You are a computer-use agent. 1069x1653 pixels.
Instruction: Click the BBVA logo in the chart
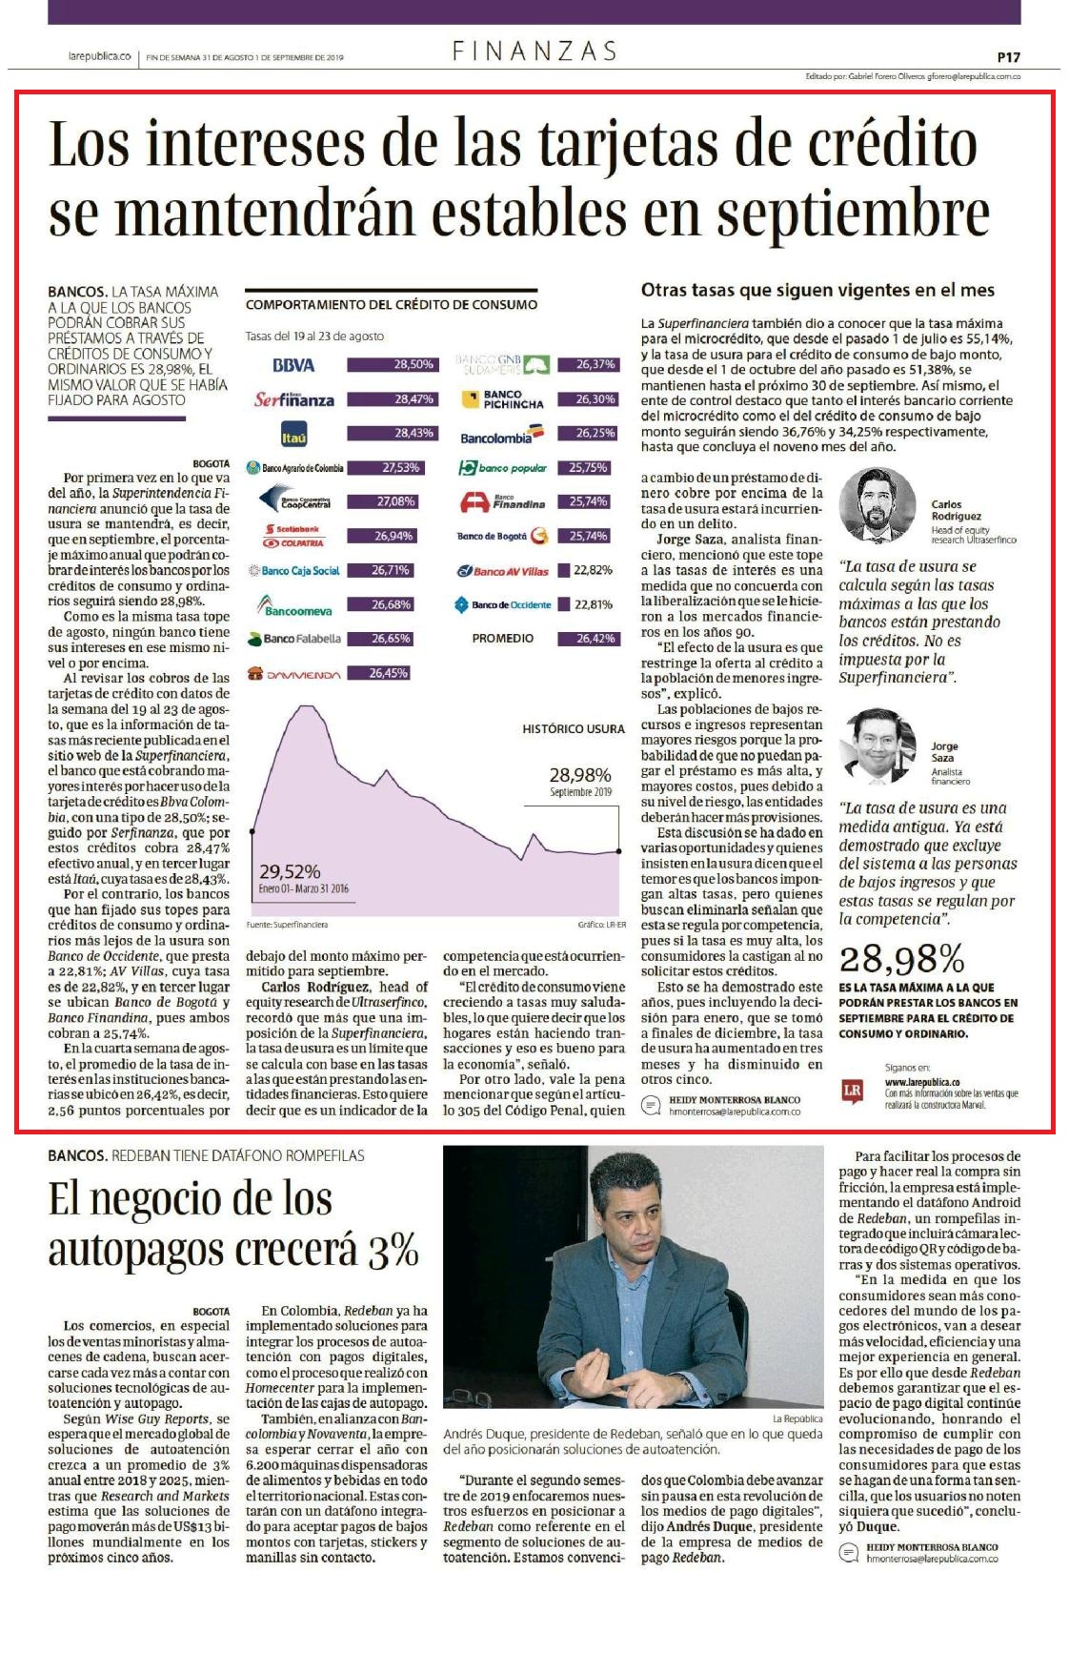click(292, 365)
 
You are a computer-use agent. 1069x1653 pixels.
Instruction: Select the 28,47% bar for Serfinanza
click(392, 399)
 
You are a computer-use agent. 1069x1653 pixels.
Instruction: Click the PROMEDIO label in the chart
click(503, 638)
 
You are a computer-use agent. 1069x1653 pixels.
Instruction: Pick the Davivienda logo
click(293, 674)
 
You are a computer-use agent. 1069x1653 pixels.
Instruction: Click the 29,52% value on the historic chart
click(290, 871)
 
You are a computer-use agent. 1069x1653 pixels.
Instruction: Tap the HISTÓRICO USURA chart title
click(574, 729)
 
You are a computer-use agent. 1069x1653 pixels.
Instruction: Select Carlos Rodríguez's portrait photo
click(877, 505)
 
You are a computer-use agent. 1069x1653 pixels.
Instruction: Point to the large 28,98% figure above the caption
click(901, 958)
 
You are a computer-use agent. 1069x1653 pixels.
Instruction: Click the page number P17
click(1008, 57)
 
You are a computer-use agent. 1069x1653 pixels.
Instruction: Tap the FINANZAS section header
click(534, 51)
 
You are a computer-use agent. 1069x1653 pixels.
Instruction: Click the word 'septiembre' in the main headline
click(854, 213)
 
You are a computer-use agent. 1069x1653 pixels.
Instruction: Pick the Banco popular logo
click(503, 468)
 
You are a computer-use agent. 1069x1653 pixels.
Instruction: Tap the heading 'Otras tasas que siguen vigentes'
click(817, 291)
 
